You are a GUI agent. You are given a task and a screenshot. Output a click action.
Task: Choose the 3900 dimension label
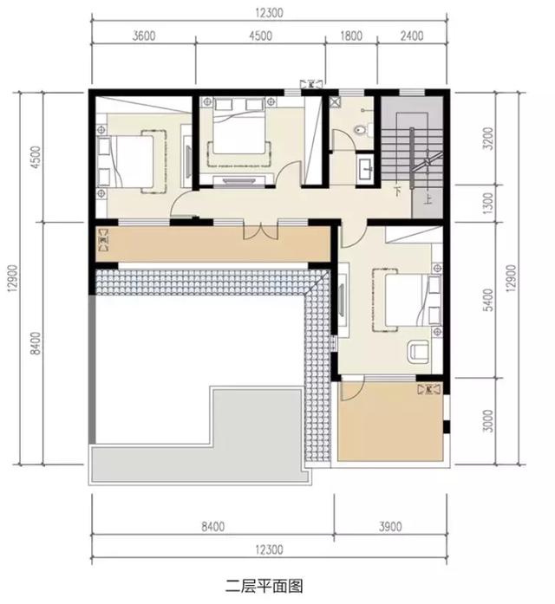pos(390,525)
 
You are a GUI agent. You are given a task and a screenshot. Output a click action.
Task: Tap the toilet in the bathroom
pos(362,130)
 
